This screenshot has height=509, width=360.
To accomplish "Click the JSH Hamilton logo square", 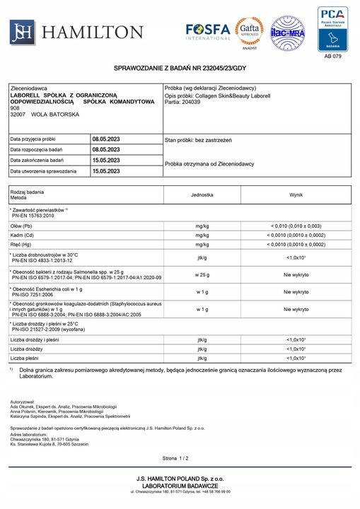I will pyautogui.click(x=22, y=31).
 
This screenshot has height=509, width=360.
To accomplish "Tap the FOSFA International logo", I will pyautogui.click(x=208, y=31).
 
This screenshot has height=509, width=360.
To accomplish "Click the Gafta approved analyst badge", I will pyautogui.click(x=249, y=31).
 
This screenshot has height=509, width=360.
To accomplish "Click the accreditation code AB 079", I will pyautogui.click(x=332, y=55).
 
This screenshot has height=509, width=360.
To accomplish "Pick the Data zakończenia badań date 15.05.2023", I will pyautogui.click(x=106, y=160).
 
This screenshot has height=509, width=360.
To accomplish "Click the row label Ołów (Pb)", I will pyautogui.click(x=23, y=225).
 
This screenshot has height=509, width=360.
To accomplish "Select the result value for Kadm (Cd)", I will pyautogui.click(x=296, y=235).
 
